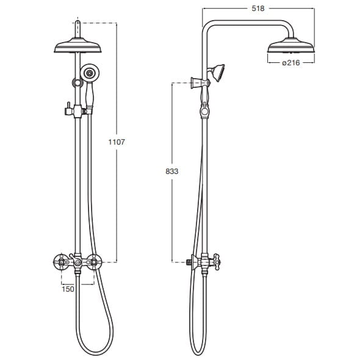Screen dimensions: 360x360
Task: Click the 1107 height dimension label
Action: point(117,142)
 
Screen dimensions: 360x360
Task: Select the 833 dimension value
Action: point(172,171)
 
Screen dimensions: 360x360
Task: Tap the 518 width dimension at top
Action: point(258,9)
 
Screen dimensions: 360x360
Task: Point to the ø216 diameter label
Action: point(291,62)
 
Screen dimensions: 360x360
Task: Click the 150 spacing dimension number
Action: point(68,289)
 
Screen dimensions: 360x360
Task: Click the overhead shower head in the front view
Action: point(78,46)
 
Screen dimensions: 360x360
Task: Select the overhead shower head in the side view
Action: point(291,46)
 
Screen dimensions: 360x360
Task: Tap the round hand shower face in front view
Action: point(89,73)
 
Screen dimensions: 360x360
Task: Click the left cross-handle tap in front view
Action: point(61,262)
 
